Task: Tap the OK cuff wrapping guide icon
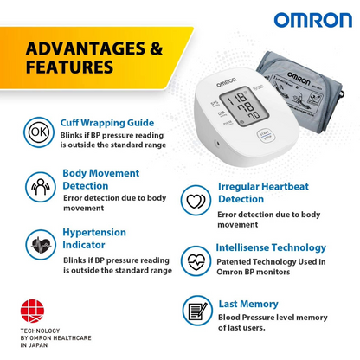click(38, 133)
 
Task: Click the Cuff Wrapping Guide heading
click(107, 123)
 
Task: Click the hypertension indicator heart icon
click(38, 245)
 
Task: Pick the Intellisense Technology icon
click(195, 259)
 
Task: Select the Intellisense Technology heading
click(272, 247)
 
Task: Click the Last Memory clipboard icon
click(196, 311)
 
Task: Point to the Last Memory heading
click(247, 304)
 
